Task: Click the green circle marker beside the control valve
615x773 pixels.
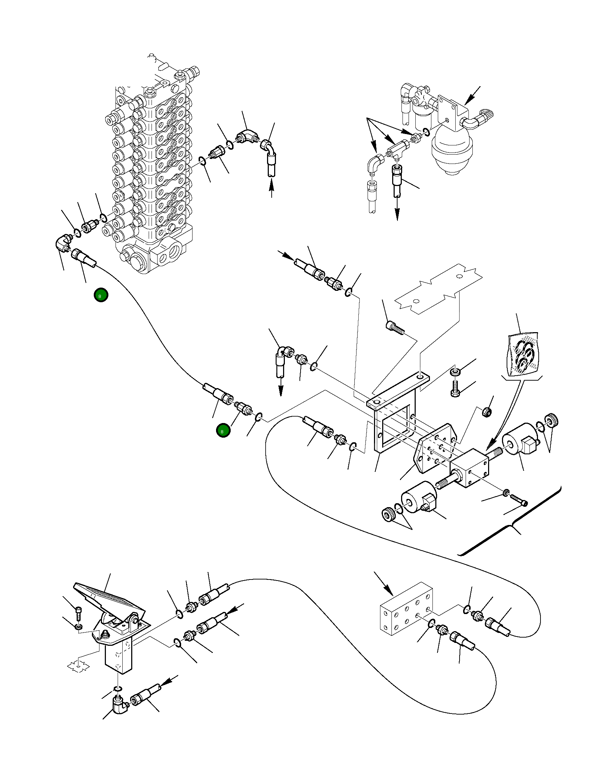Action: (x=101, y=295)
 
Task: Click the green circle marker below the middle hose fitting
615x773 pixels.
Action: (x=223, y=431)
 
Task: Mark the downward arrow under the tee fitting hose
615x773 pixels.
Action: (x=397, y=212)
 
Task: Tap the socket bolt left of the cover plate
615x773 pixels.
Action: (x=393, y=327)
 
